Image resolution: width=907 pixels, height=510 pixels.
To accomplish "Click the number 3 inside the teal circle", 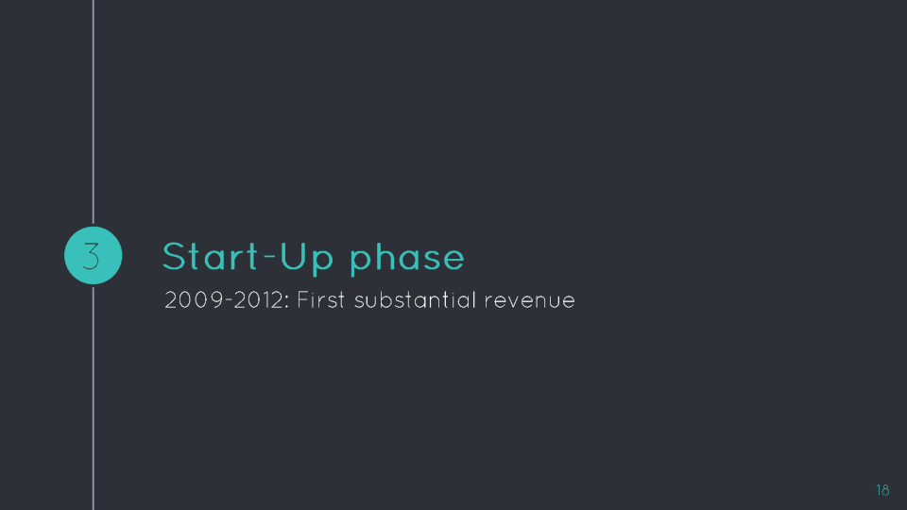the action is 92,256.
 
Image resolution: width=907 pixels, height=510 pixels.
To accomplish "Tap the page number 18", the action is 882,490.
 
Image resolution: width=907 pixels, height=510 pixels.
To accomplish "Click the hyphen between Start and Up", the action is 269,257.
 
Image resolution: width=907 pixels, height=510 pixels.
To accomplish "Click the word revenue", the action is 530,301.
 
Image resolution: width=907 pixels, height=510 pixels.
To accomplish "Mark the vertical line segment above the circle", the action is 94,111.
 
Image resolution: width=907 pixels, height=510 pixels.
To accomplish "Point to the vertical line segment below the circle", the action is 94,399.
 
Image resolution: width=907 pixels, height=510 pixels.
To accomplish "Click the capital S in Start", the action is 174,257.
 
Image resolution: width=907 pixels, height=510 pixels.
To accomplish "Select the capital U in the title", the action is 292,257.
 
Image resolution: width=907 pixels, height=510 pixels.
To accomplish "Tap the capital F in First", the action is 302,300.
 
